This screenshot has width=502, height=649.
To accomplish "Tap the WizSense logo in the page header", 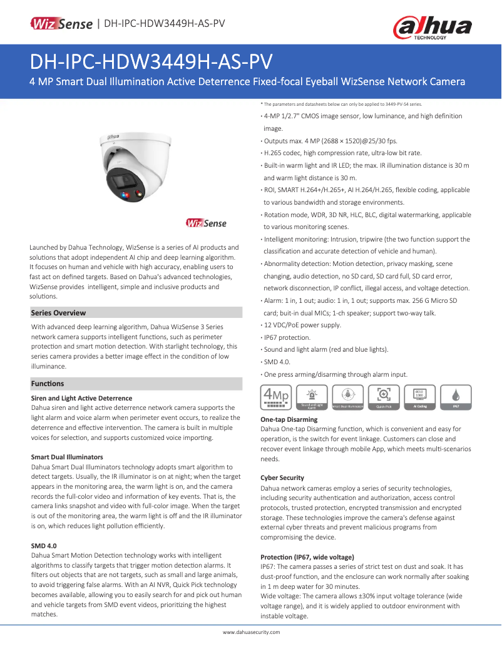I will pos(63,24).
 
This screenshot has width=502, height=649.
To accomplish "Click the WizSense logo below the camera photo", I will pos(206,223).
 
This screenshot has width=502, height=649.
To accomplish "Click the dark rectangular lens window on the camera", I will pos(125,180).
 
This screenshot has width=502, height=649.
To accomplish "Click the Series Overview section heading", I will pos(58,313).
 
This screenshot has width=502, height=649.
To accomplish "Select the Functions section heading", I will pos(48,384).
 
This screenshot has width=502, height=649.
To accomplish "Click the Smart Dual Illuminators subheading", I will pos(67,457).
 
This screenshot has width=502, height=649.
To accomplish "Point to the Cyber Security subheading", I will pos(282,478).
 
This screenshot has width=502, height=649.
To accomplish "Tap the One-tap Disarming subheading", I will pos(289,419).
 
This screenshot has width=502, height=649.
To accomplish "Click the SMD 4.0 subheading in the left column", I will pos(44,546).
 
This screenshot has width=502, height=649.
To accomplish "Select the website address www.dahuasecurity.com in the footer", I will pos(252,632).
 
